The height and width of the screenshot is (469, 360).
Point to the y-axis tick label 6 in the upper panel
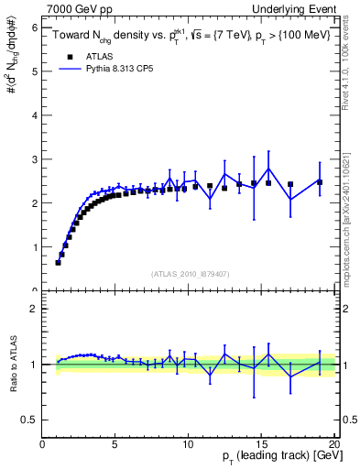click(x=34, y=28)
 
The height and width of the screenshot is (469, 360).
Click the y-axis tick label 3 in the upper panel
click(x=34, y=159)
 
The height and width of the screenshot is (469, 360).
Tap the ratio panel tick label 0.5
click(x=29, y=420)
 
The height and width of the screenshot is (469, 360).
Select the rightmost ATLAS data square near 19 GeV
click(x=320, y=182)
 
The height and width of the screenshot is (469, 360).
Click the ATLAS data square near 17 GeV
click(x=290, y=184)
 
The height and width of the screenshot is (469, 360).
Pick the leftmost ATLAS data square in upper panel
click(x=58, y=263)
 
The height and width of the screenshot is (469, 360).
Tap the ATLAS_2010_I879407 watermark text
click(x=189, y=273)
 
